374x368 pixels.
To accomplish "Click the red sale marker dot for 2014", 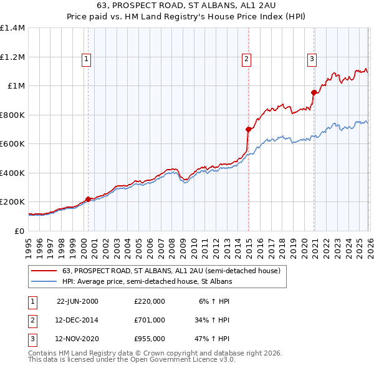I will click(248, 129).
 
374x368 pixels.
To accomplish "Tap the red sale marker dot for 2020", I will click(314, 92).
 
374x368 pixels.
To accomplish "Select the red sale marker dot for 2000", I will click(88, 199).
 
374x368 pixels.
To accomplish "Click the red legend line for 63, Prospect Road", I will click(44, 271).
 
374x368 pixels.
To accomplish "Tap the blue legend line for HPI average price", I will click(44, 282).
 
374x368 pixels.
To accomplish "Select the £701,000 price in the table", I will click(149, 320).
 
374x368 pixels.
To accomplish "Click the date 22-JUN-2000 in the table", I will click(77, 301).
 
